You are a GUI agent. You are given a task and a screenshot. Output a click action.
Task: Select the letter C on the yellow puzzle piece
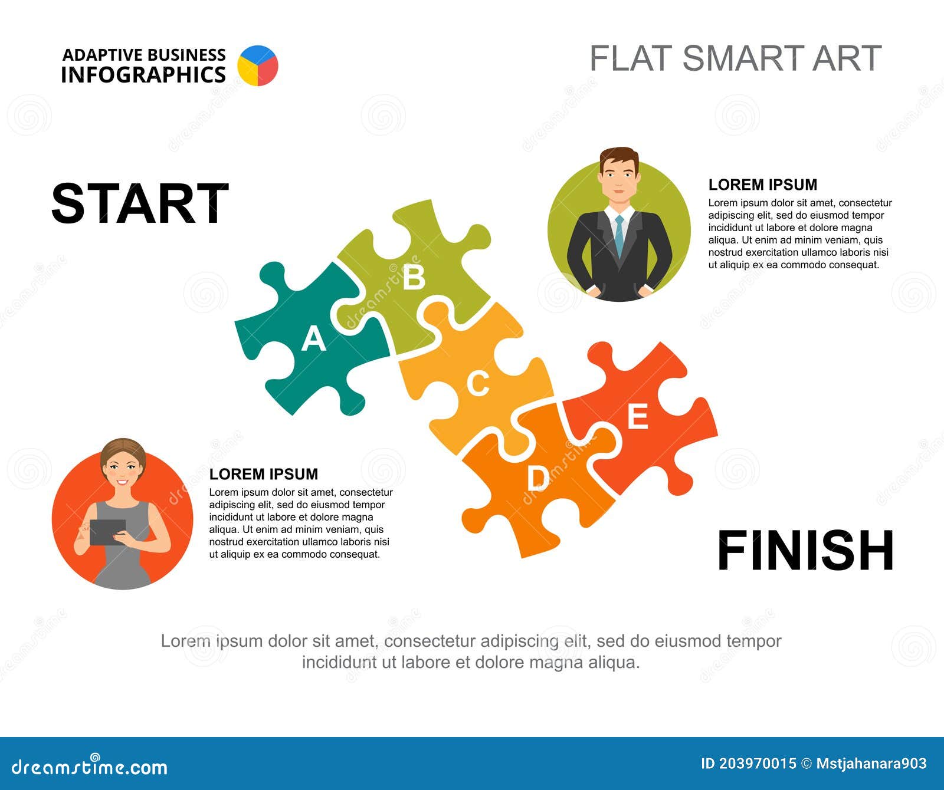[478, 384]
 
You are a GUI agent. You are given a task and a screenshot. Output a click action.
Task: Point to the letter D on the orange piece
[537, 478]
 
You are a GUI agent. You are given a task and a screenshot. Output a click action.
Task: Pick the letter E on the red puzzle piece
[637, 417]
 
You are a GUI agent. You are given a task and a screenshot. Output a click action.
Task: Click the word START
[140, 203]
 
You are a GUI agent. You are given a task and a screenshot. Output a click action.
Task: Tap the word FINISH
[805, 551]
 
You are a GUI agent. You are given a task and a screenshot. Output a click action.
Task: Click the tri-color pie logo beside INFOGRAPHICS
[258, 65]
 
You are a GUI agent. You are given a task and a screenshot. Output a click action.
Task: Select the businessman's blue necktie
[619, 234]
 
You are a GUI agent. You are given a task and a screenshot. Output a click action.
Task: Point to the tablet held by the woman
[107, 532]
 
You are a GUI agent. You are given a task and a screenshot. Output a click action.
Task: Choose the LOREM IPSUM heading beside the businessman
[762, 185]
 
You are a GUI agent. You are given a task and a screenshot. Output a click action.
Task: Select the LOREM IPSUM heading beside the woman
[263, 474]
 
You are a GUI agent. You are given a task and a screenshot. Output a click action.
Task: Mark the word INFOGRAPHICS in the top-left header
[143, 75]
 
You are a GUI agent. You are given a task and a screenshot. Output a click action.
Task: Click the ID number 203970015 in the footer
[757, 764]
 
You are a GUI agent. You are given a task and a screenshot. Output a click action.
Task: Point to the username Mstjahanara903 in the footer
[871, 764]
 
